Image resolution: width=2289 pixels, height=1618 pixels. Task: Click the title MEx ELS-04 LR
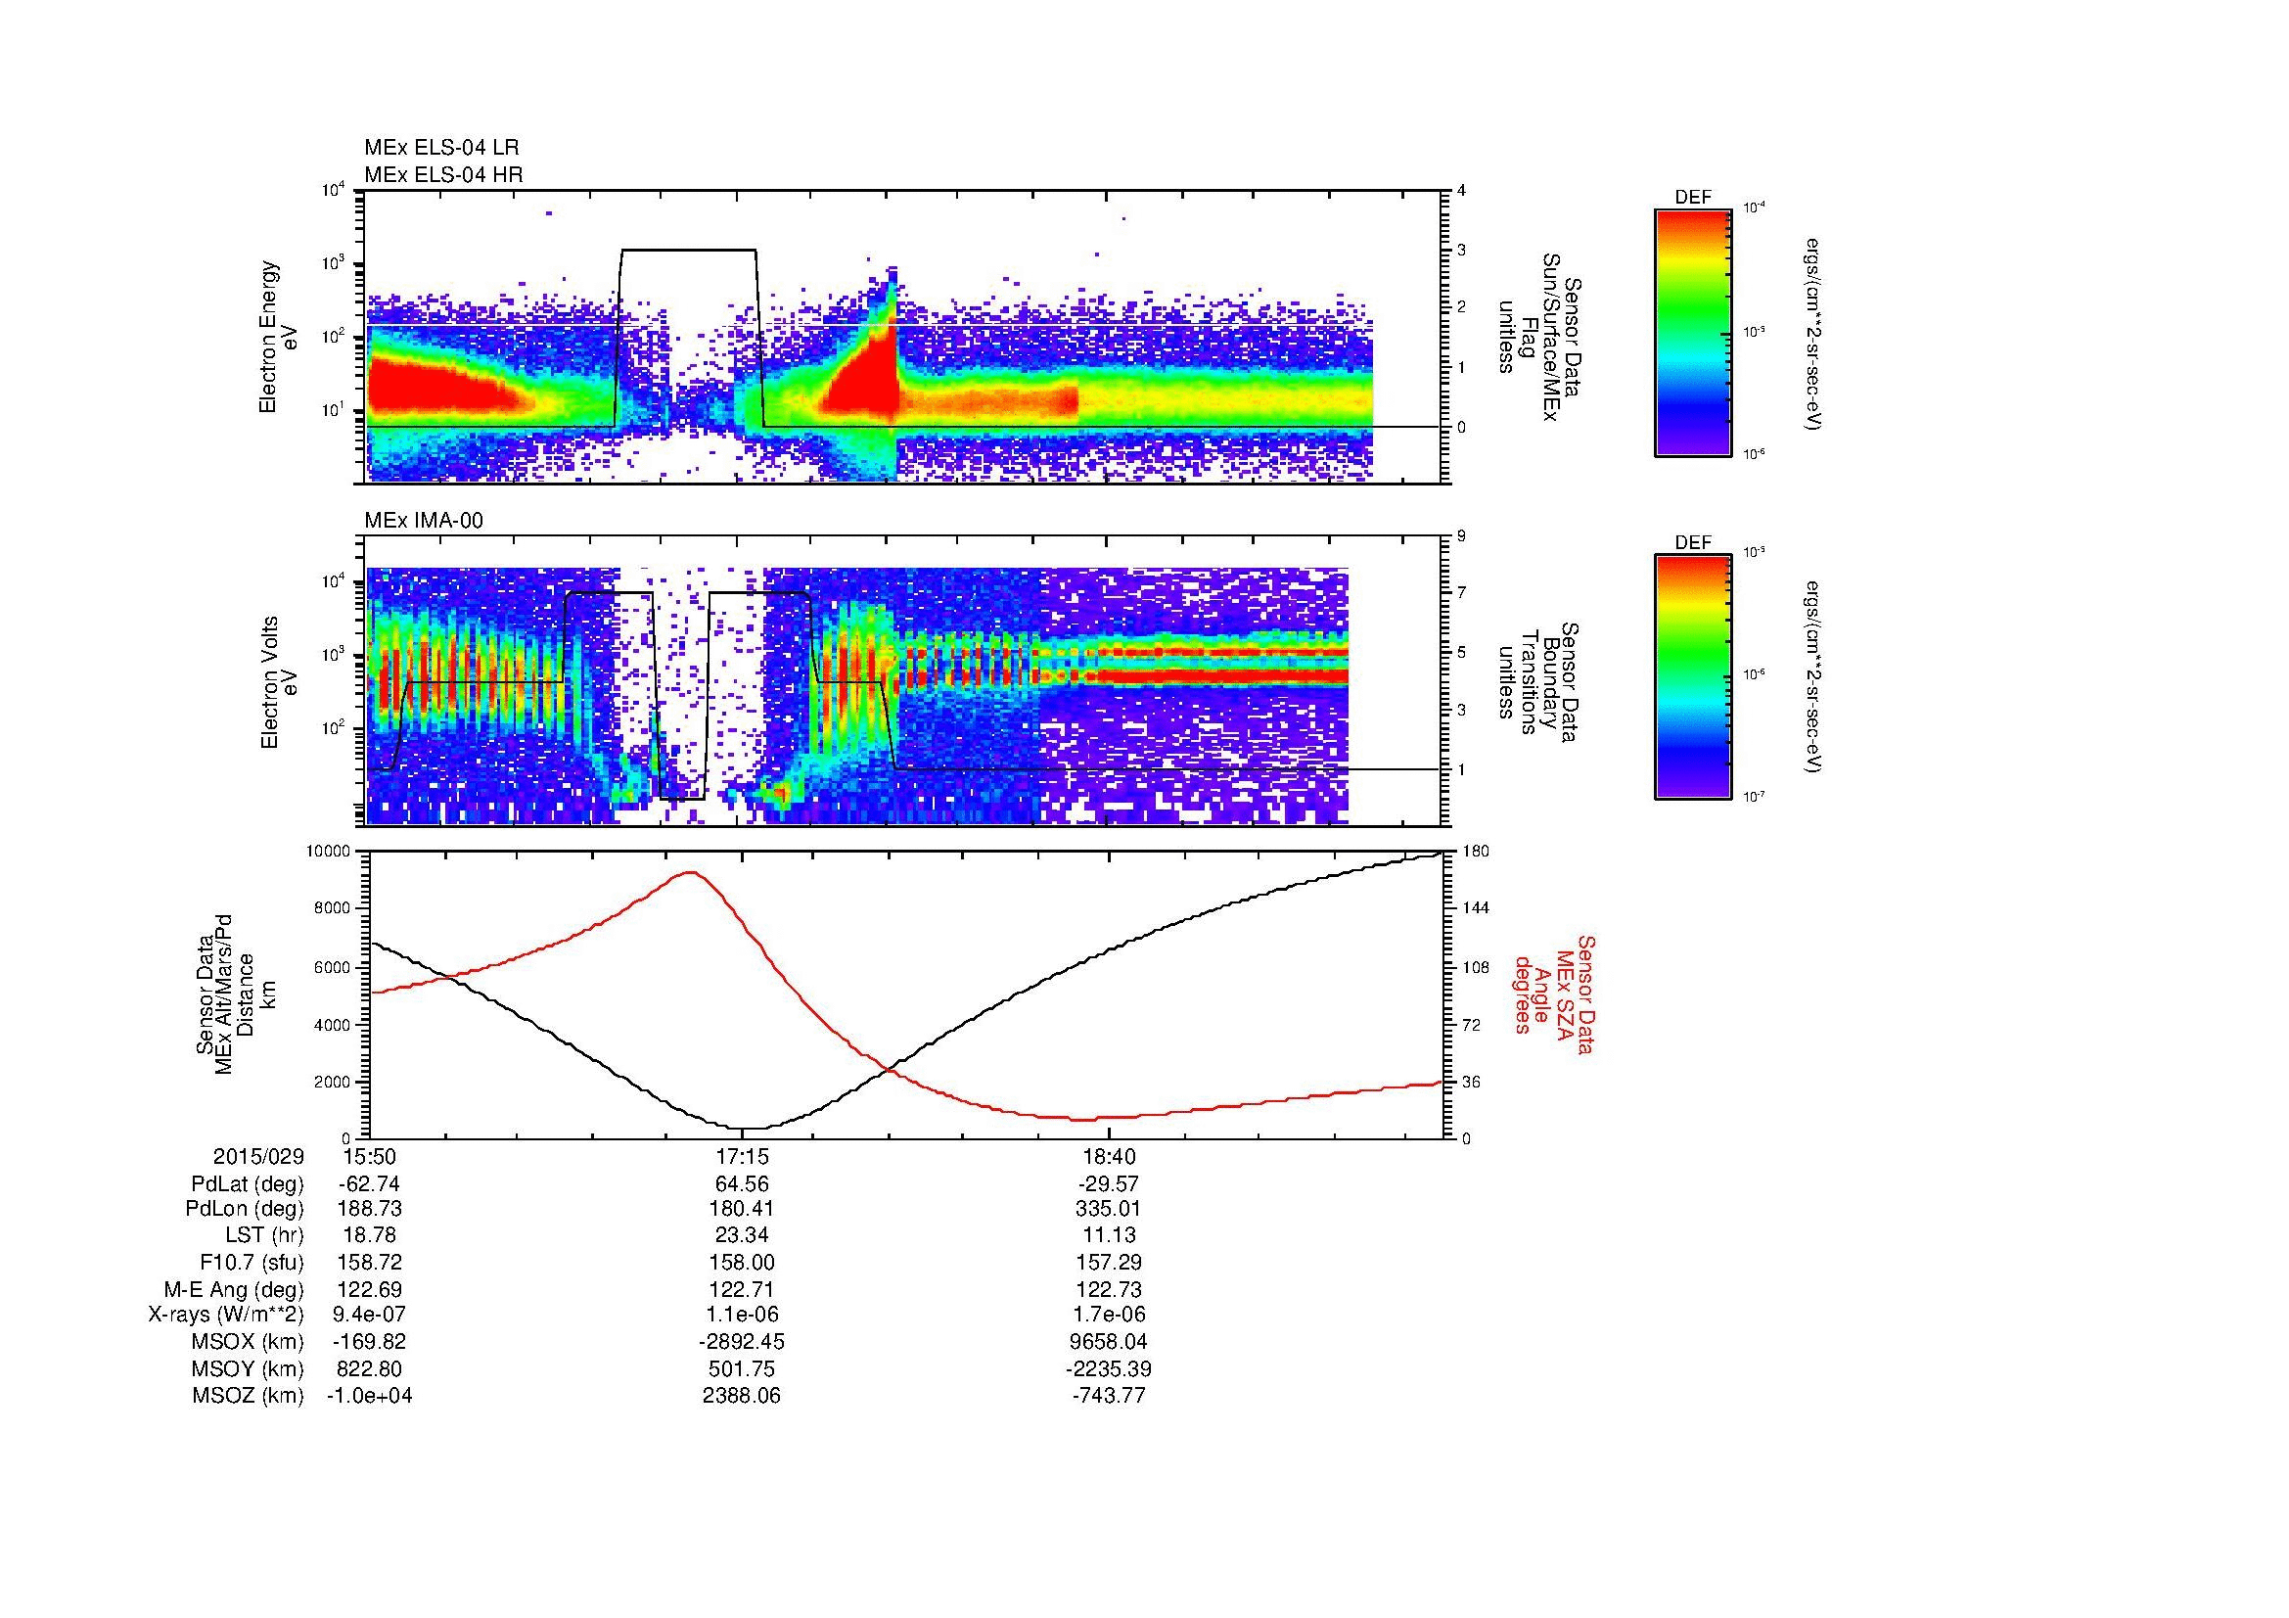pos(440,148)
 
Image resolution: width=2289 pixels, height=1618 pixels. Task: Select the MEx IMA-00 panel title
pos(423,521)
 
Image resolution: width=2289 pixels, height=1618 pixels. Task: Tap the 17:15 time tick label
pos(742,1156)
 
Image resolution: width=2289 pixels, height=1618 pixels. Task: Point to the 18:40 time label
pos(1109,1156)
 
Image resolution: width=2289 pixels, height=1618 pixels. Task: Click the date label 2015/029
pos(258,1156)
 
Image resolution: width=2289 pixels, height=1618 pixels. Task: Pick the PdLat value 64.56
pos(742,1183)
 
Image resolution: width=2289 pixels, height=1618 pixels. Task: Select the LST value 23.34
pos(742,1235)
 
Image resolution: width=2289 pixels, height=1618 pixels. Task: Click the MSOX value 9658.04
pos(1109,1342)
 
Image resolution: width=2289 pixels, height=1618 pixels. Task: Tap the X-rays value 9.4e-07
pos(369,1315)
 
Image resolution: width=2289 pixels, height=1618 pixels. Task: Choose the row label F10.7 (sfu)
pos(252,1262)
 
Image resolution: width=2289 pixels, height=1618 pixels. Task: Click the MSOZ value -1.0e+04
pos(369,1396)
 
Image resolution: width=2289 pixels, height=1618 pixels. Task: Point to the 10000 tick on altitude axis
pos(330,852)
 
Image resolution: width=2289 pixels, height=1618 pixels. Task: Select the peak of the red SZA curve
pos(690,872)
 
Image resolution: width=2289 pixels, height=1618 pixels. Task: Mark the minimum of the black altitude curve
pos(753,1129)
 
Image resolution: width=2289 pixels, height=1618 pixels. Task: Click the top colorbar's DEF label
pos(1692,199)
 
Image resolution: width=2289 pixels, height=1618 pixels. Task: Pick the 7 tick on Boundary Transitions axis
pos(1462,593)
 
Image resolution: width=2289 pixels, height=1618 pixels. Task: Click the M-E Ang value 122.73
pos(1109,1289)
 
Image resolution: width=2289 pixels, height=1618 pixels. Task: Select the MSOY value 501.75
pos(742,1368)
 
